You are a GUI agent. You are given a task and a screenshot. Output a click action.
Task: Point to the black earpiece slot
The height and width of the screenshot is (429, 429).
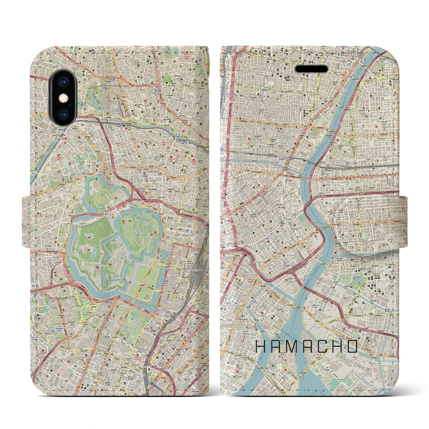(x=311, y=69)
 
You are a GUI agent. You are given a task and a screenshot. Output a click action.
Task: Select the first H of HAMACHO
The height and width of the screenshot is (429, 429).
(x=261, y=347)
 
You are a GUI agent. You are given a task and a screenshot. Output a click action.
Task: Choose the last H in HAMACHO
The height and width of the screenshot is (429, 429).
(x=337, y=347)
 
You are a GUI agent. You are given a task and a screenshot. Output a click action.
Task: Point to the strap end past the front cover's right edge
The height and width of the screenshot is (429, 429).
(x=402, y=218)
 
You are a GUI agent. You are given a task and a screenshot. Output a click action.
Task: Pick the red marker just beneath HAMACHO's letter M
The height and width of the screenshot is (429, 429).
(x=285, y=360)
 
